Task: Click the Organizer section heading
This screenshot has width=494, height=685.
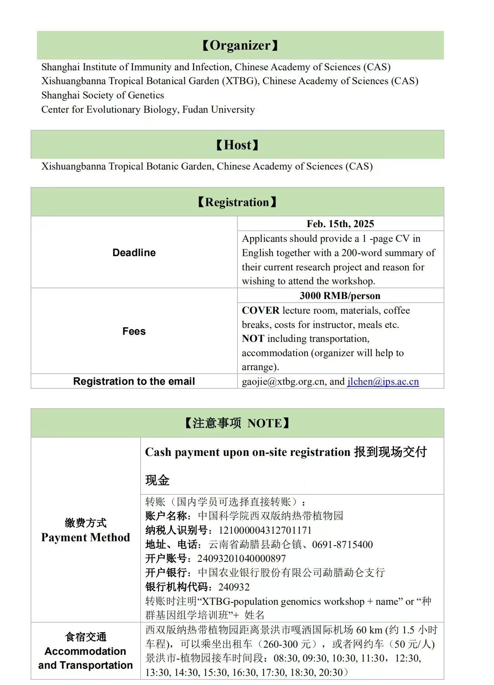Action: tap(240, 46)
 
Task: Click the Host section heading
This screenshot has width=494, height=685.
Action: tap(237, 145)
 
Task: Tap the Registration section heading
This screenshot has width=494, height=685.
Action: tap(237, 202)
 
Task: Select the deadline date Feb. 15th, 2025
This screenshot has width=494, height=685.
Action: tap(340, 224)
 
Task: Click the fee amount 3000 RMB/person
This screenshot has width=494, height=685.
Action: tap(340, 296)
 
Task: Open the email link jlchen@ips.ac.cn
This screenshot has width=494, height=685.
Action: tap(383, 382)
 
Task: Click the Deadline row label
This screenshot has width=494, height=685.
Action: tap(134, 253)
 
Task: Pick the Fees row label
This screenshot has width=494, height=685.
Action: tap(134, 331)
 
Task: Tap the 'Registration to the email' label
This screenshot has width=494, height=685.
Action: tap(134, 382)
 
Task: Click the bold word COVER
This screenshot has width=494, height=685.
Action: tap(261, 311)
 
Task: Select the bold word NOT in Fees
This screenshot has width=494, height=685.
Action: tap(253, 339)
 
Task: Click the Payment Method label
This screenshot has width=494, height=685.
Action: tap(85, 537)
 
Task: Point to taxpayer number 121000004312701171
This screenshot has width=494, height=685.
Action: tap(265, 531)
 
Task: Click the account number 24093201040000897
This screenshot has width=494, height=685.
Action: tap(241, 559)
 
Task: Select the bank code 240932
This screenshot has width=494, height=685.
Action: tap(234, 587)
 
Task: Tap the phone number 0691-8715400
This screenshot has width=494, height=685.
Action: tap(342, 544)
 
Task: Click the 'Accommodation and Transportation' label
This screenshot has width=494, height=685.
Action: tap(85, 658)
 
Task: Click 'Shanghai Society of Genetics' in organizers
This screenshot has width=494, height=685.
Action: tap(102, 95)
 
